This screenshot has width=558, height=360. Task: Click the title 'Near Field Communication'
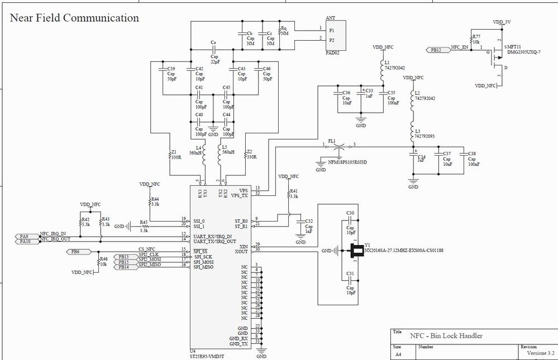pyautogui.click(x=74, y=18)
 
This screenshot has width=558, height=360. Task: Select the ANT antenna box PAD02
pyautogui.click(x=336, y=35)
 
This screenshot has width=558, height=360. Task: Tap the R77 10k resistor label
pyautogui.click(x=476, y=39)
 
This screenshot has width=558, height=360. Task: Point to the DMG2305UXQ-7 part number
pyautogui.click(x=523, y=51)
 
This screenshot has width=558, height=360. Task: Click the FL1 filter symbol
pyautogui.click(x=338, y=146)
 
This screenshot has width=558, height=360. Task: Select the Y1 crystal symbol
pyautogui.click(x=354, y=252)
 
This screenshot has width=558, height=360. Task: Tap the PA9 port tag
pyautogui.click(x=24, y=237)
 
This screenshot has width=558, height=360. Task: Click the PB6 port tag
pyautogui.click(x=76, y=252)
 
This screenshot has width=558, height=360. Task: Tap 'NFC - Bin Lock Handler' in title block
pyautogui.click(x=446, y=335)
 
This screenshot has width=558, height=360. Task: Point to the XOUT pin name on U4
pyautogui.click(x=244, y=251)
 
